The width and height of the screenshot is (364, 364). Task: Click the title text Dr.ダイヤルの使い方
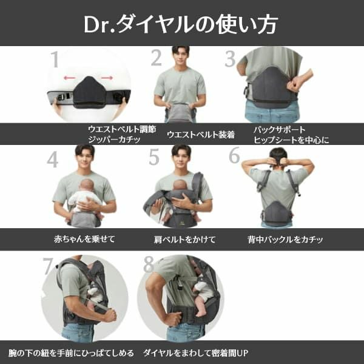tap(182, 24)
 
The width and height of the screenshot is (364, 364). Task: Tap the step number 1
tap(55, 60)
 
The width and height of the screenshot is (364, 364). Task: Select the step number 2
tap(157, 58)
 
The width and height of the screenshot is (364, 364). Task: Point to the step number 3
tap(230, 59)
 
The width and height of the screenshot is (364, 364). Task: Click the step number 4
tap(53, 159)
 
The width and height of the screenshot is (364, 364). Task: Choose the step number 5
tap(154, 157)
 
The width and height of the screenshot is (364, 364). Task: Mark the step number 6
tap(234, 155)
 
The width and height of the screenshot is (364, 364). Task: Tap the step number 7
tap(49, 266)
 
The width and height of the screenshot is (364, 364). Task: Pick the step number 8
tap(149, 265)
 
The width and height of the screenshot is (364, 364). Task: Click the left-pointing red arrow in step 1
tap(70, 78)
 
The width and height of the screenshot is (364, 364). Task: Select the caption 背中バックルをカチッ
tap(285, 239)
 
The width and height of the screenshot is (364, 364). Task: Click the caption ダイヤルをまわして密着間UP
tap(196, 352)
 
